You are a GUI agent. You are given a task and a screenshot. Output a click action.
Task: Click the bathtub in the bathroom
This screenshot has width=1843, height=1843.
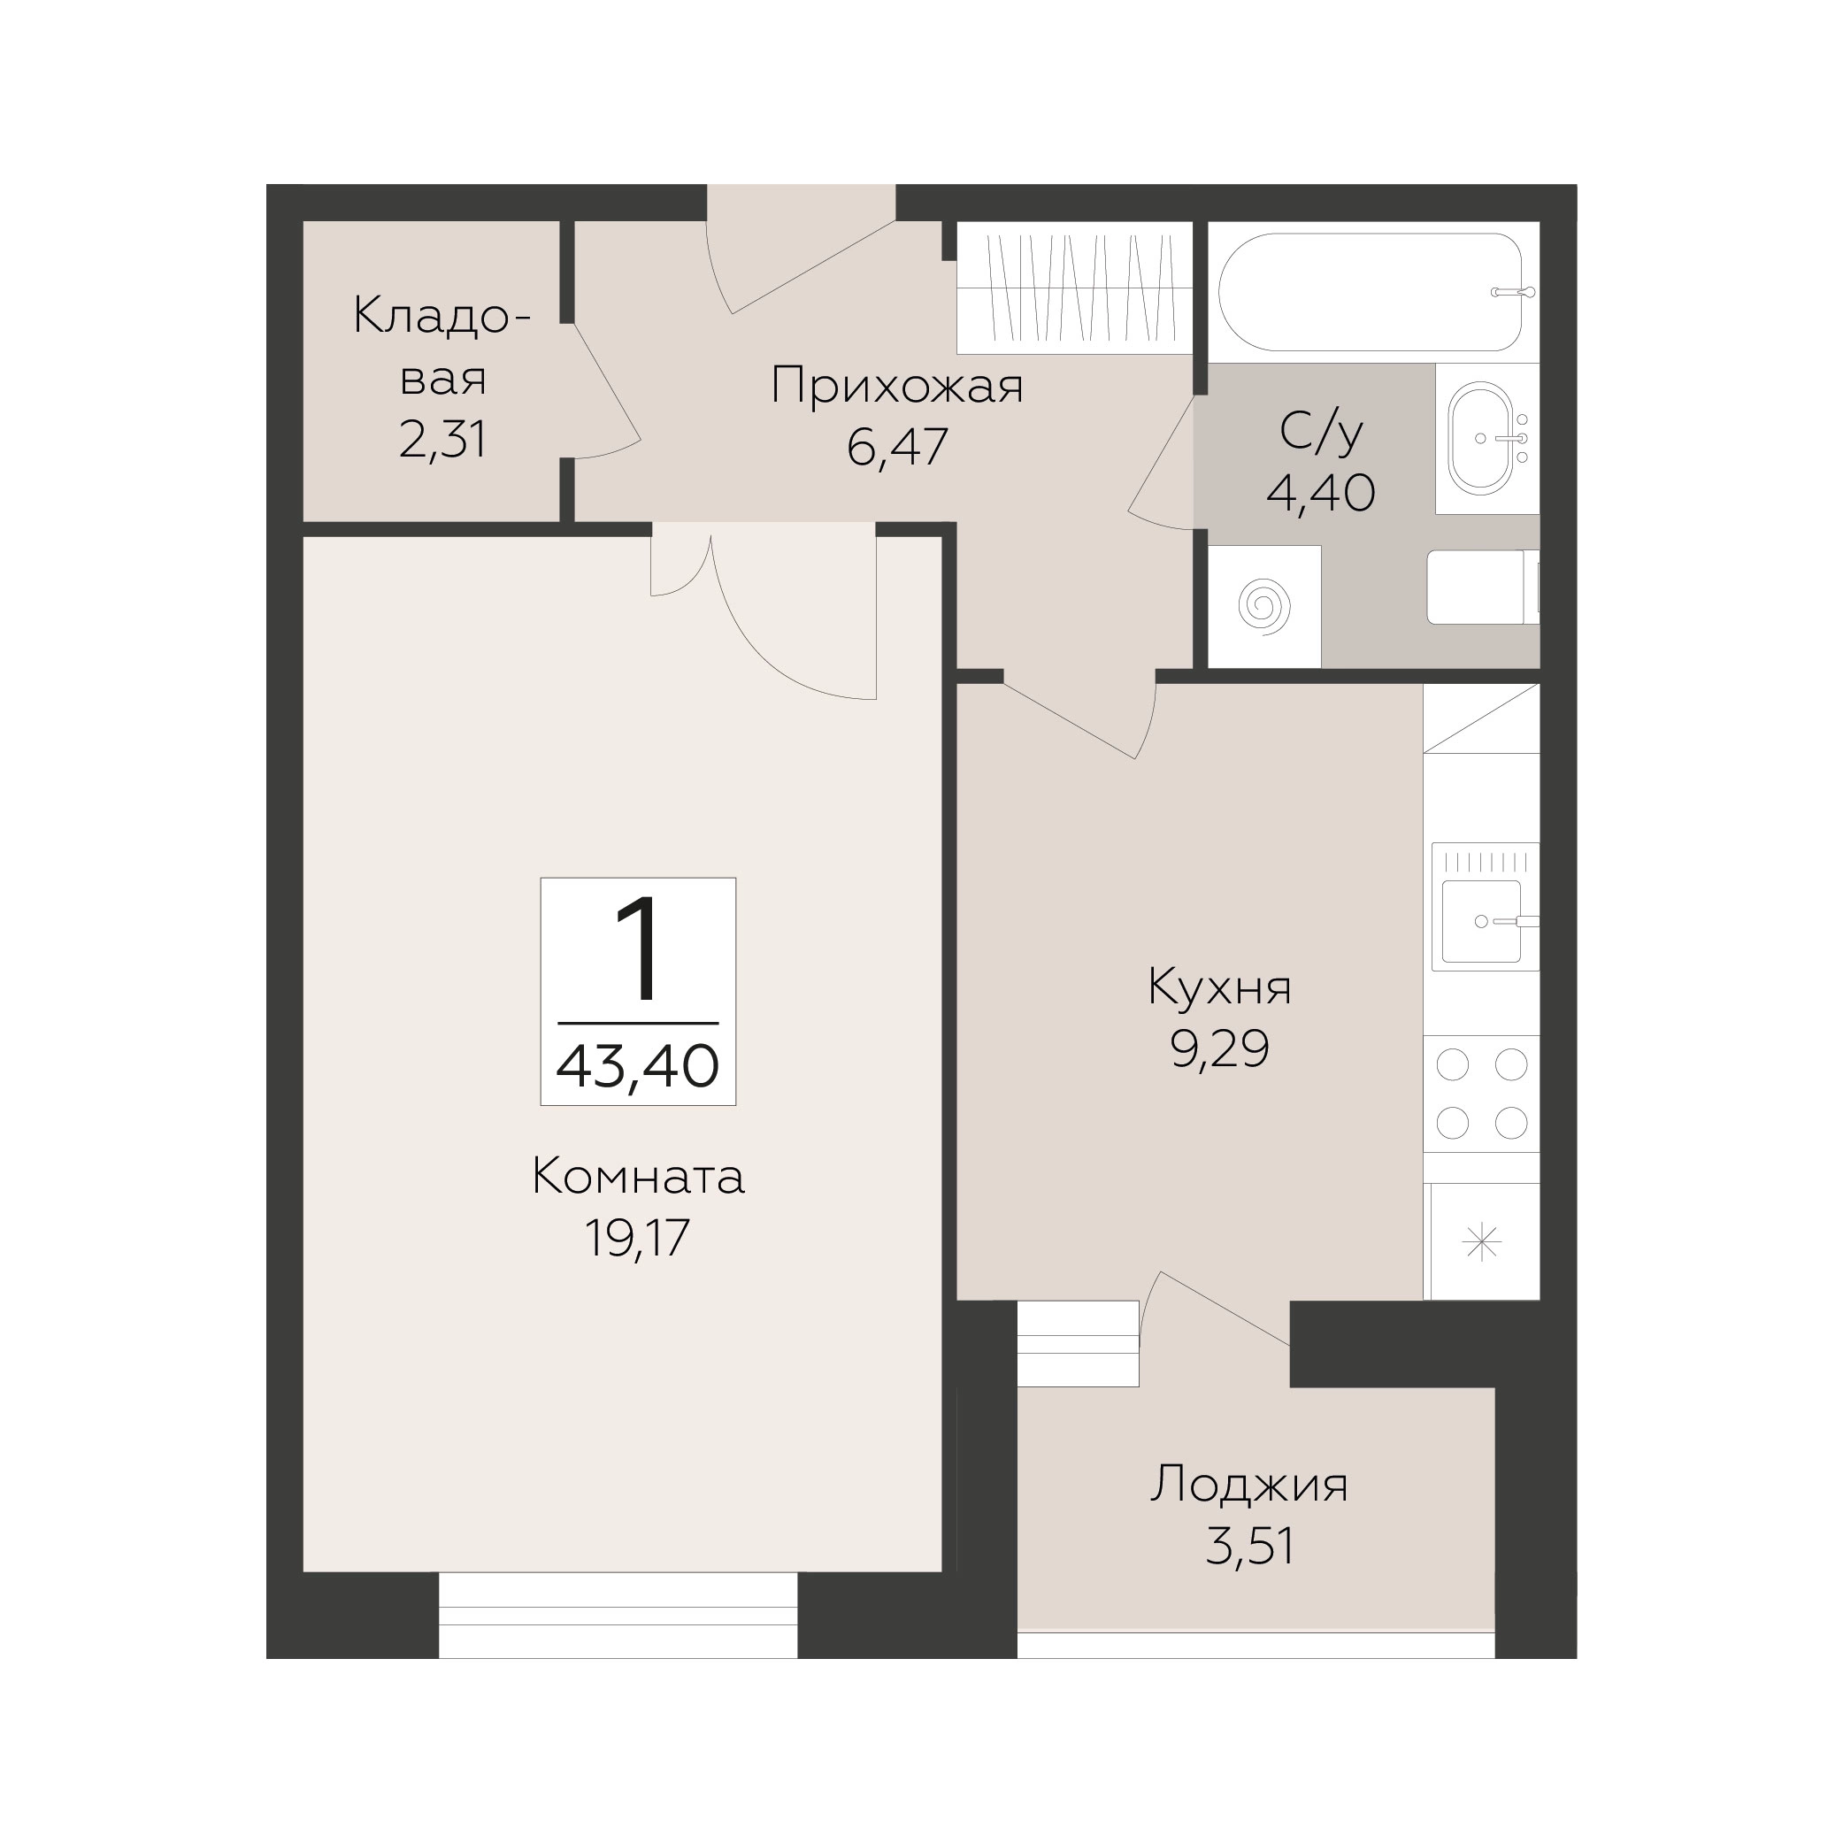pyautogui.click(x=1370, y=292)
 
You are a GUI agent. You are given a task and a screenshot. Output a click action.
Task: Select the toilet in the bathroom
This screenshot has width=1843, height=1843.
pyautogui.click(x=1482, y=587)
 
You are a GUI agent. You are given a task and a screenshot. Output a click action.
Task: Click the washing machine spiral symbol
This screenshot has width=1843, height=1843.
pyautogui.click(x=1264, y=606)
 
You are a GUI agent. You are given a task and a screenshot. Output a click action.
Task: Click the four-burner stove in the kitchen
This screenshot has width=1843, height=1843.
pyautogui.click(x=1481, y=1094)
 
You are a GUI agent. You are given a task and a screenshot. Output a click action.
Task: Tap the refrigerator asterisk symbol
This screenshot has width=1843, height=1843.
pyautogui.click(x=1481, y=1242)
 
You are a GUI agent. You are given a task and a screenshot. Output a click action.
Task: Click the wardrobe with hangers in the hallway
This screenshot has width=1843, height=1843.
pyautogui.click(x=1075, y=288)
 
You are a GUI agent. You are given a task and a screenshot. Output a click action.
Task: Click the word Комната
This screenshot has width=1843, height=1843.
pyautogui.click(x=637, y=1177)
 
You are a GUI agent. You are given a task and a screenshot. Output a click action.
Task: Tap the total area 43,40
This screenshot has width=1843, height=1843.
pyautogui.click(x=637, y=1065)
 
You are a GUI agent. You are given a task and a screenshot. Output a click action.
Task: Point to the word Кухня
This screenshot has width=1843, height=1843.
pyautogui.click(x=1219, y=988)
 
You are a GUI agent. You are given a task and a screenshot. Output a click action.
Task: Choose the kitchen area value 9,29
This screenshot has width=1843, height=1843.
pyautogui.click(x=1219, y=1049)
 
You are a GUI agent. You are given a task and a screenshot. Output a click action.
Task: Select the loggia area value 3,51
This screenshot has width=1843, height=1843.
pyautogui.click(x=1249, y=1547)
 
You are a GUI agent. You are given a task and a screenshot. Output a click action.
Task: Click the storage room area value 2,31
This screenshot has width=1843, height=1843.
pyautogui.click(x=442, y=440)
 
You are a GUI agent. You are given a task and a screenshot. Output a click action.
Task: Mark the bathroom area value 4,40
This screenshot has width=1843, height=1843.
pyautogui.click(x=1320, y=494)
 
